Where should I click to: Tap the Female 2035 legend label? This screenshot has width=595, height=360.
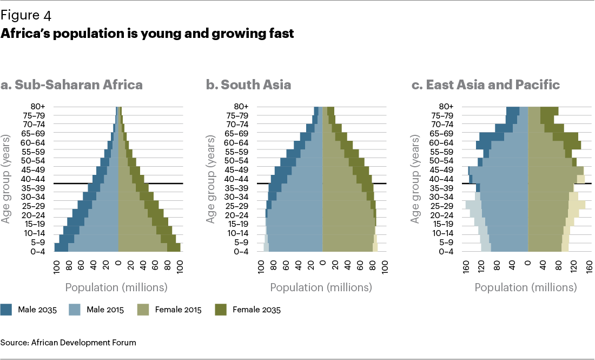[256, 310]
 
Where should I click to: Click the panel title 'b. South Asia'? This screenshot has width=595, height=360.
[248, 85]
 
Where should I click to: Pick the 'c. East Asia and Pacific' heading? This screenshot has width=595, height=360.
[485, 85]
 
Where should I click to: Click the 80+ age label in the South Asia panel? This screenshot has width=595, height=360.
[241, 107]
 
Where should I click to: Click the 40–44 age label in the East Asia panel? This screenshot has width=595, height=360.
[440, 179]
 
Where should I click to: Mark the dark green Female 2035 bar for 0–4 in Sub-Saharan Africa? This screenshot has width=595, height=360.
[174, 247]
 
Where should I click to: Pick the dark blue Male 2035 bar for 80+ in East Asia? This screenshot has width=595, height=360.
[513, 111]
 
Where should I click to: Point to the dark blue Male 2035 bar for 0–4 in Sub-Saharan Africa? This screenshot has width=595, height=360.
[61, 247]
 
